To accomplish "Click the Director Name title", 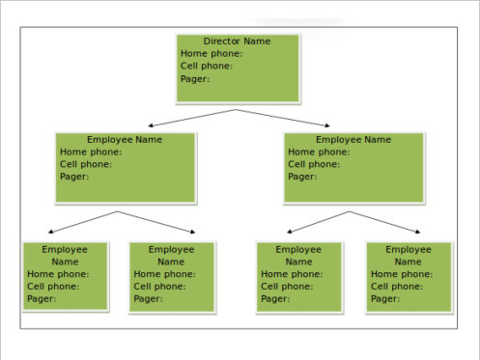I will pos(238,42).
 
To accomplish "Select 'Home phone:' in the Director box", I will pos(212,54).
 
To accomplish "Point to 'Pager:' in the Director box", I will pos(195,79).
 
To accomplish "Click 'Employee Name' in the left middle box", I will pos(125,140).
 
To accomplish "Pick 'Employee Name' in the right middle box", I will pos(353,140).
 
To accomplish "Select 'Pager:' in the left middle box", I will pos(74,177).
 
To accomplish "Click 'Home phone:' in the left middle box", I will pos(91,152).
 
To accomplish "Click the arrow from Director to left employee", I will pos(193,118).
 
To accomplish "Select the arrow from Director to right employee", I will pos(281,118).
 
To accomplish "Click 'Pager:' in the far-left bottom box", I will pos(42,299).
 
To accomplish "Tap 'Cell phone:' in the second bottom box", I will pos(159,287).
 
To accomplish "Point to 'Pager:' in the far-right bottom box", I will pos(385,299).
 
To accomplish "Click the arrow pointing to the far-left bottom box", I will pos(82,222).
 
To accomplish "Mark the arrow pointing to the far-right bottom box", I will pos(384,222).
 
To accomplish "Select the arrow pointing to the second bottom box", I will pos(156,222).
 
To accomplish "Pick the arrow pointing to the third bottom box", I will pos(319,222).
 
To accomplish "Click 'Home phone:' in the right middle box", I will pos(319,152).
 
